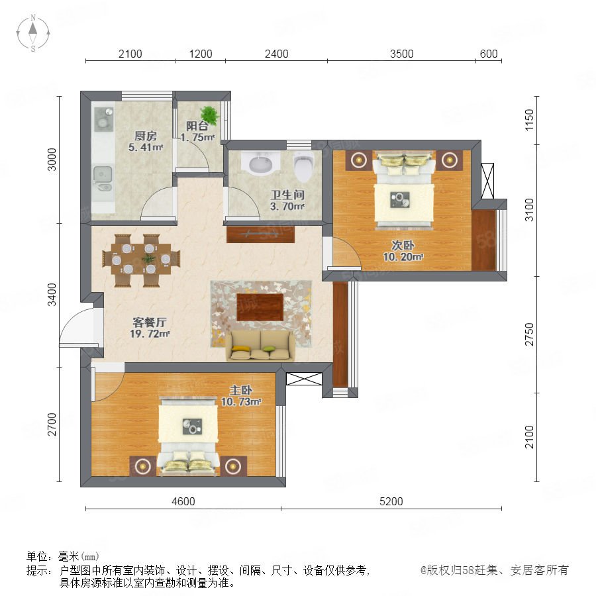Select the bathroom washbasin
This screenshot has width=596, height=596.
(261, 164)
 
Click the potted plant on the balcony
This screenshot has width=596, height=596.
(209, 115)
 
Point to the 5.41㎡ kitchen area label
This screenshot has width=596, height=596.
(146, 148)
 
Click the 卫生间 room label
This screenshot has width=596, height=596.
(287, 195)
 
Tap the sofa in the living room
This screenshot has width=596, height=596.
(260, 345)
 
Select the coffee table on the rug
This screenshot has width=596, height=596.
(260, 307)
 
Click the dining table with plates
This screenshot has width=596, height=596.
(140, 259)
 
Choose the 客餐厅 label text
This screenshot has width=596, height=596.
(150, 323)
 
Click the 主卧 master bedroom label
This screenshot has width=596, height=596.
(241, 390)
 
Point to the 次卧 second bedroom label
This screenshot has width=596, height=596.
(403, 245)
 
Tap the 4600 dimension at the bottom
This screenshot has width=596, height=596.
(183, 501)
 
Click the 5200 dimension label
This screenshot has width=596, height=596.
(391, 501)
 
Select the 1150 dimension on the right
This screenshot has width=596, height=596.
(530, 120)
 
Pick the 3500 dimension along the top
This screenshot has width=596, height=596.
(402, 54)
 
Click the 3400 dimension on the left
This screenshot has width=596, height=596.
(52, 295)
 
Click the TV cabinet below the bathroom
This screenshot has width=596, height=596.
(261, 234)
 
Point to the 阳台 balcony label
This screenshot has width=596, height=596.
(197, 126)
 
